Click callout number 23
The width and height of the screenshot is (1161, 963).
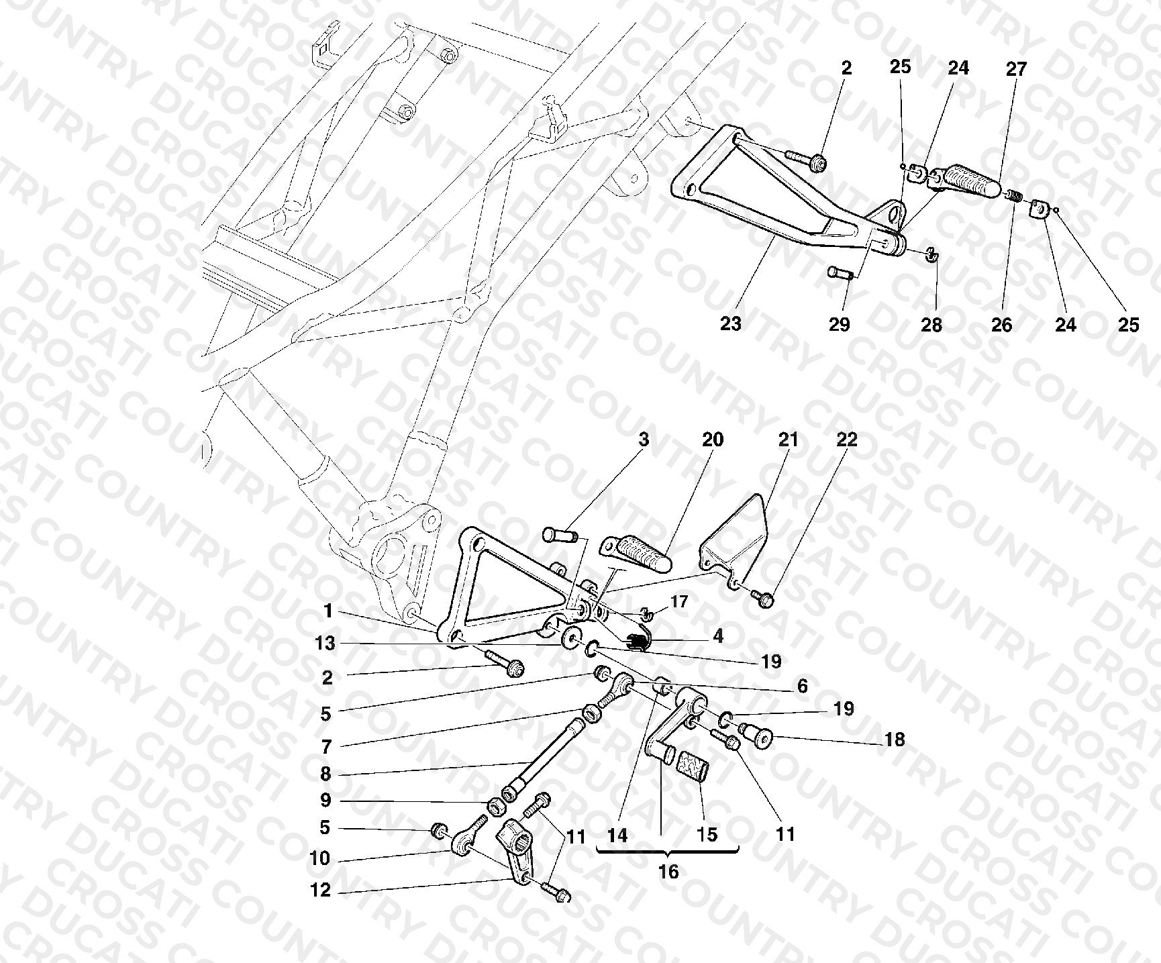point(730,323)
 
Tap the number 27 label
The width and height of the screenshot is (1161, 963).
point(1016,68)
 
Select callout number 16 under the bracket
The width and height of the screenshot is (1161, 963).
point(668,872)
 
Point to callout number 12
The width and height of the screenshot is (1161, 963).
point(321,891)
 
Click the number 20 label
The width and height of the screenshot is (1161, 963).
point(713,440)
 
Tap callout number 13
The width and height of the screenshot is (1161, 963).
point(325,643)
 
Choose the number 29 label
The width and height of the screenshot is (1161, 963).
point(839,324)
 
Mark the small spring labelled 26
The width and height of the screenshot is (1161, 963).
point(1013,195)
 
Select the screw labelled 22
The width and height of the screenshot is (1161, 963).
point(762,597)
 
